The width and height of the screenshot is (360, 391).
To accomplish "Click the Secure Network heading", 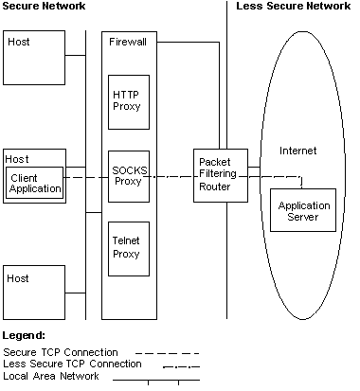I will [x=43, y=7].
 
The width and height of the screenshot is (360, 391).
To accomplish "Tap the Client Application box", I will [x=36, y=183].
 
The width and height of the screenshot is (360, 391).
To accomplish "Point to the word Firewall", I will [x=127, y=43].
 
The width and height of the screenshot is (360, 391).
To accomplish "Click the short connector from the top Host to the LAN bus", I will [x=75, y=56].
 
